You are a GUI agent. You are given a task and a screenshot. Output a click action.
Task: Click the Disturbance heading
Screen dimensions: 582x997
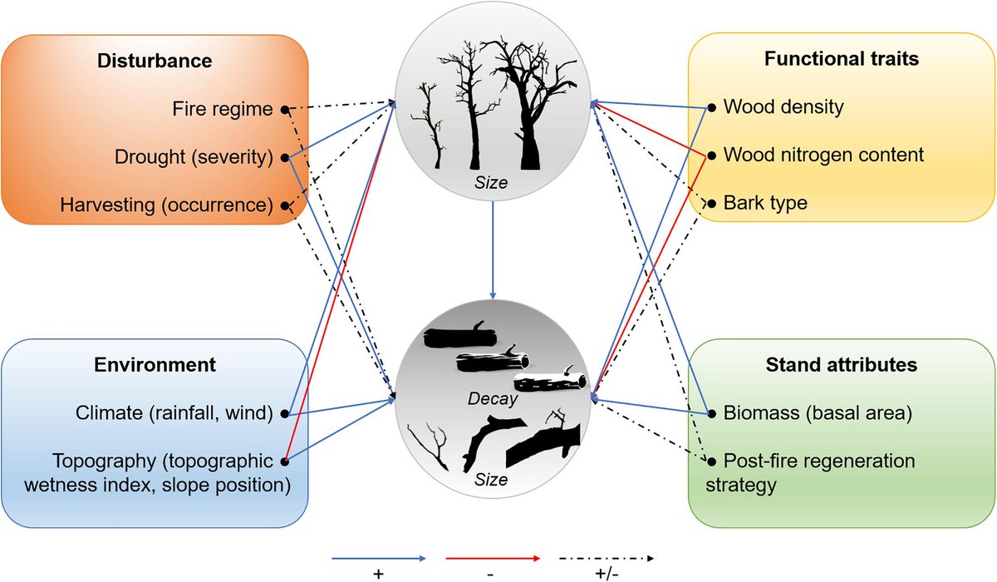click(x=155, y=61)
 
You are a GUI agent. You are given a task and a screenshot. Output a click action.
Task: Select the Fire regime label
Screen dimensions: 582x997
click(x=223, y=108)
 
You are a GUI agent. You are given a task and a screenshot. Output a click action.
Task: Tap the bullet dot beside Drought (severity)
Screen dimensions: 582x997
click(x=285, y=156)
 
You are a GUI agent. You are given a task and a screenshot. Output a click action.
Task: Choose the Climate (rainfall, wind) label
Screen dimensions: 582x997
click(x=173, y=412)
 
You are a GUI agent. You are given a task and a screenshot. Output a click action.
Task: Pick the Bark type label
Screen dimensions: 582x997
click(x=765, y=203)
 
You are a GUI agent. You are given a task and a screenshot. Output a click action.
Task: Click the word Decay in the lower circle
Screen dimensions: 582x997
click(x=493, y=398)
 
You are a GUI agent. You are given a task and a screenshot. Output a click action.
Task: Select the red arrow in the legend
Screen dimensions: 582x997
click(x=494, y=559)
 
